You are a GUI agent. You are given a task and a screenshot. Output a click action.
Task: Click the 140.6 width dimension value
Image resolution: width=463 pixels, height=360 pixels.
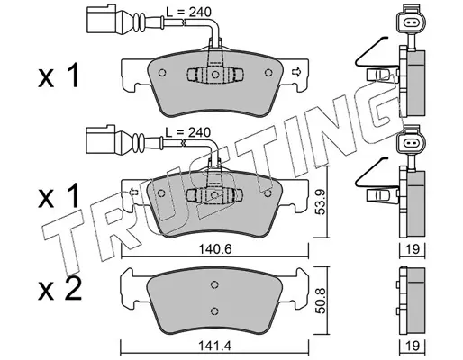click(215, 249)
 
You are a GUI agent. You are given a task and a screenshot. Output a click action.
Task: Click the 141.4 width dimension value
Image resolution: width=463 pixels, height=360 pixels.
click(215, 346)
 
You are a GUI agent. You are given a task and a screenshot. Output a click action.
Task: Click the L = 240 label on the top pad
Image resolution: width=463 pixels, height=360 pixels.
click(189, 12)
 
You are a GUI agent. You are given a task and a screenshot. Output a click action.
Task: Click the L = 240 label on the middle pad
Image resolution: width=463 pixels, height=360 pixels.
click(188, 132)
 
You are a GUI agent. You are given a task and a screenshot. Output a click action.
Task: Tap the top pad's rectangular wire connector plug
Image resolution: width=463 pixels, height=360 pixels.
click(101, 19)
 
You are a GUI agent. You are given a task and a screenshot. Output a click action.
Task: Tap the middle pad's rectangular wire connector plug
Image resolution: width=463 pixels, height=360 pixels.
click(101, 139)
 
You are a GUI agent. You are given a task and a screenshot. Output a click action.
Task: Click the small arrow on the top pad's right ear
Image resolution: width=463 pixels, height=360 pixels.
click(296, 72)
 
